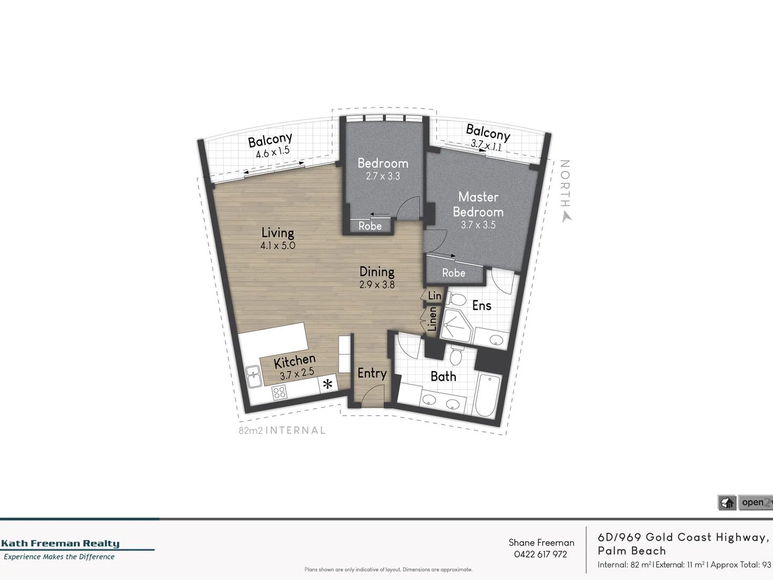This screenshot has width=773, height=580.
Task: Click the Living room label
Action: [278, 233]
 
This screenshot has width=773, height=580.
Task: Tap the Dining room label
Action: [377, 272]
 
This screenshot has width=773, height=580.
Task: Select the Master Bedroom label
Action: [478, 205]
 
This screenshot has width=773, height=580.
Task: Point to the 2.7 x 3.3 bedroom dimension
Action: [383, 176]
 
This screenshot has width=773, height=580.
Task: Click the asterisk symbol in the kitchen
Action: [327, 385]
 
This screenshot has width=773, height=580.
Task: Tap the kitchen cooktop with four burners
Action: [279, 393]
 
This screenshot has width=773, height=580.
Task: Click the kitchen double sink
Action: [253, 376]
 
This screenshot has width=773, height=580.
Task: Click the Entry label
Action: [372, 373]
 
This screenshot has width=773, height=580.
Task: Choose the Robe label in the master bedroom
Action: [454, 273]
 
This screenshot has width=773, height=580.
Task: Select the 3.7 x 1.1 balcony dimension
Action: [486, 144]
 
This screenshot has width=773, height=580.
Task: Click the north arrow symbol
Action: [565, 216]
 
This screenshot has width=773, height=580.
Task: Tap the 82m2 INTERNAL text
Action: [282, 430]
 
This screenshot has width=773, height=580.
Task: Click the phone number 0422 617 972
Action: [541, 554]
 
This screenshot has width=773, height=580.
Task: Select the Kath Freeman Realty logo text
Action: [60, 543]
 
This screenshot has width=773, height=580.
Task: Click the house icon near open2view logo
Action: [727, 503]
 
